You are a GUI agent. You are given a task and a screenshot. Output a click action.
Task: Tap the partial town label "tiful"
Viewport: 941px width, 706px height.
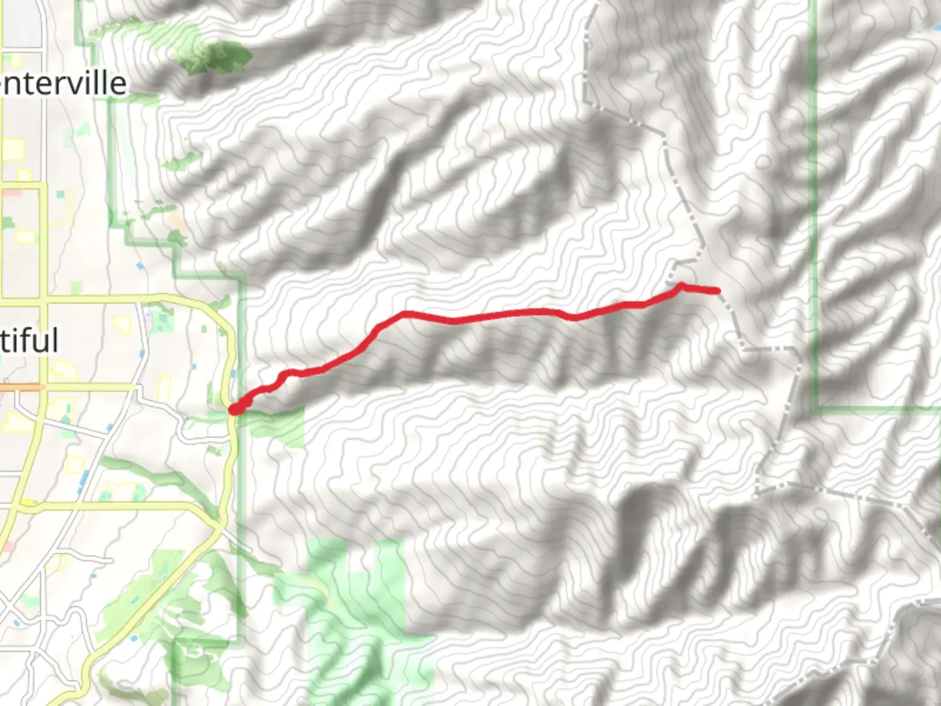pos(29,341)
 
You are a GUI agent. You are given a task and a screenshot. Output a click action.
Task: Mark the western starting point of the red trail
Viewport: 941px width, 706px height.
pos(233,410)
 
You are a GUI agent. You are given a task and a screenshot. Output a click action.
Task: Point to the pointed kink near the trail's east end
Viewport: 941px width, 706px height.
pos(680,285)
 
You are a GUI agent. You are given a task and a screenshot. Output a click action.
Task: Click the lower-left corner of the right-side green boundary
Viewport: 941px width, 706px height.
pos(816,408)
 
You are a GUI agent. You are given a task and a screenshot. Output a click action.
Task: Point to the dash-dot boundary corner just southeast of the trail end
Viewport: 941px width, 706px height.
pos(745,348)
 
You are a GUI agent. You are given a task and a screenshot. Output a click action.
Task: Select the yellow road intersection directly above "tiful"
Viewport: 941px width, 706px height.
pos(44,303)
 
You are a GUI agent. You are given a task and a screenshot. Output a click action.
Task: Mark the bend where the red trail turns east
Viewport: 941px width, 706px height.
pos(405,314)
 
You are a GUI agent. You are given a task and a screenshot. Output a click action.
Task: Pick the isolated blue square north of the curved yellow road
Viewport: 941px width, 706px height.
pos(140,266)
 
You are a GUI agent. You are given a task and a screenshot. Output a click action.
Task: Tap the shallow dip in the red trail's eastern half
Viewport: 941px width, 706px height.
pos(575,318)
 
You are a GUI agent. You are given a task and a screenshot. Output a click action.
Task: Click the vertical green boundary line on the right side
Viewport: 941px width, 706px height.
pos(815,196)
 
